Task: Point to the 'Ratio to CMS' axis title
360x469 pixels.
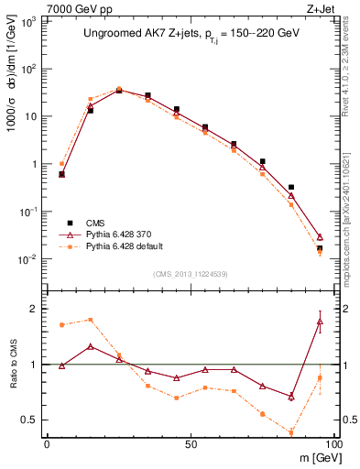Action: click(x=14, y=365)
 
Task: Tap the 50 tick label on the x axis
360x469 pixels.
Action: click(x=190, y=443)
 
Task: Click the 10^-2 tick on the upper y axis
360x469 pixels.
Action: click(x=30, y=259)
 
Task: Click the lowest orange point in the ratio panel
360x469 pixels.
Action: click(x=291, y=432)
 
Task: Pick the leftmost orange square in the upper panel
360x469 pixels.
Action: click(x=61, y=164)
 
